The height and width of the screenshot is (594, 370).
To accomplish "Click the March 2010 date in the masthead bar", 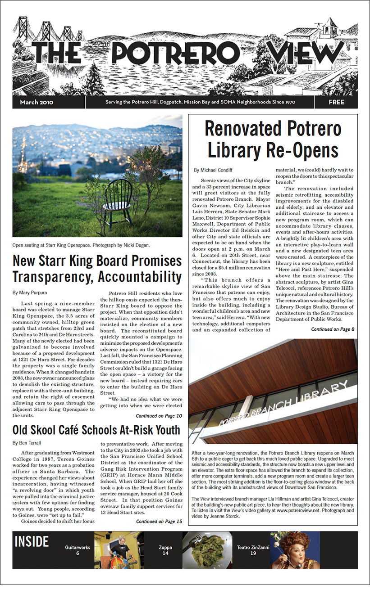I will (37, 102).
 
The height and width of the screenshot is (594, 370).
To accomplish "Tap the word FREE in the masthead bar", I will (336, 102).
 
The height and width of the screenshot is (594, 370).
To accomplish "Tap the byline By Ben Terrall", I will (28, 443).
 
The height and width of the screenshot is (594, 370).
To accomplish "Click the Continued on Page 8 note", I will (333, 329).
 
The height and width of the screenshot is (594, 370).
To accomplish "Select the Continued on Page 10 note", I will (159, 416).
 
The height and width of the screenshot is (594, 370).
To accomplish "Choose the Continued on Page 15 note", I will (159, 521).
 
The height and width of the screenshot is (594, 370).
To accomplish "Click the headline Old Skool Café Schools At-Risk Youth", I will (96, 430).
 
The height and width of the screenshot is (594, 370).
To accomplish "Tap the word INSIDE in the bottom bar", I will (32, 542).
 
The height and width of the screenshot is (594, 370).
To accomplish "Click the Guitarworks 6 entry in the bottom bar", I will (78, 550).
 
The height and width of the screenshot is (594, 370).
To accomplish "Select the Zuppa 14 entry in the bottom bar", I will (165, 550).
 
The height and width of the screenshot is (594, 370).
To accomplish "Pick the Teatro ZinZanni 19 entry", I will (253, 550).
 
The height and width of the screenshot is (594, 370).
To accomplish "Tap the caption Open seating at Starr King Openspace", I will (81, 245).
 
